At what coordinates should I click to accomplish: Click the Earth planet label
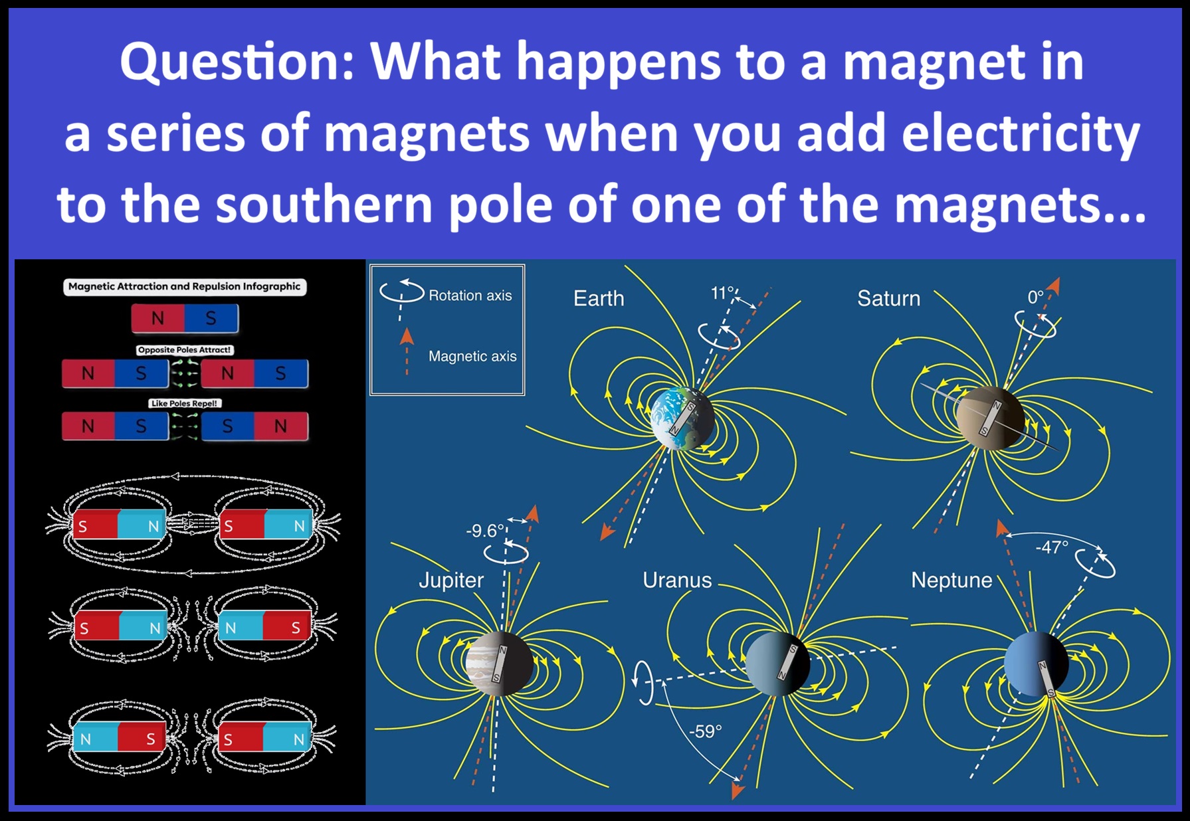pos(599,298)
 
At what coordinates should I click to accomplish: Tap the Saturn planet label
pos(888,298)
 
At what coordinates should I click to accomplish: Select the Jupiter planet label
pos(451,581)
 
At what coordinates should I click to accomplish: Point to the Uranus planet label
pos(677,580)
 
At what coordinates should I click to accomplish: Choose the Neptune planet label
pos(951,580)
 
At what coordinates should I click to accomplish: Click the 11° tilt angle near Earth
pos(723,293)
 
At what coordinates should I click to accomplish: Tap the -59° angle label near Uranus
pos(705,731)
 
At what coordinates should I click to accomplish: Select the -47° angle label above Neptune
pos(1052,547)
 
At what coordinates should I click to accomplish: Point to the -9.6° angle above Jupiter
pos(486,531)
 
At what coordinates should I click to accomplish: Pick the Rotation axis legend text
pos(470,296)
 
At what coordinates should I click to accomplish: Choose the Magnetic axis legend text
pos(472,356)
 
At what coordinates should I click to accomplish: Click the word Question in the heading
pos(237,62)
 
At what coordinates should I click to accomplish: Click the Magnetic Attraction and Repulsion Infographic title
pos(185,286)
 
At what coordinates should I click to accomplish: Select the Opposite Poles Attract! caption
pos(185,349)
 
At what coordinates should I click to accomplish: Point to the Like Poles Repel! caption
pos(184,403)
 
